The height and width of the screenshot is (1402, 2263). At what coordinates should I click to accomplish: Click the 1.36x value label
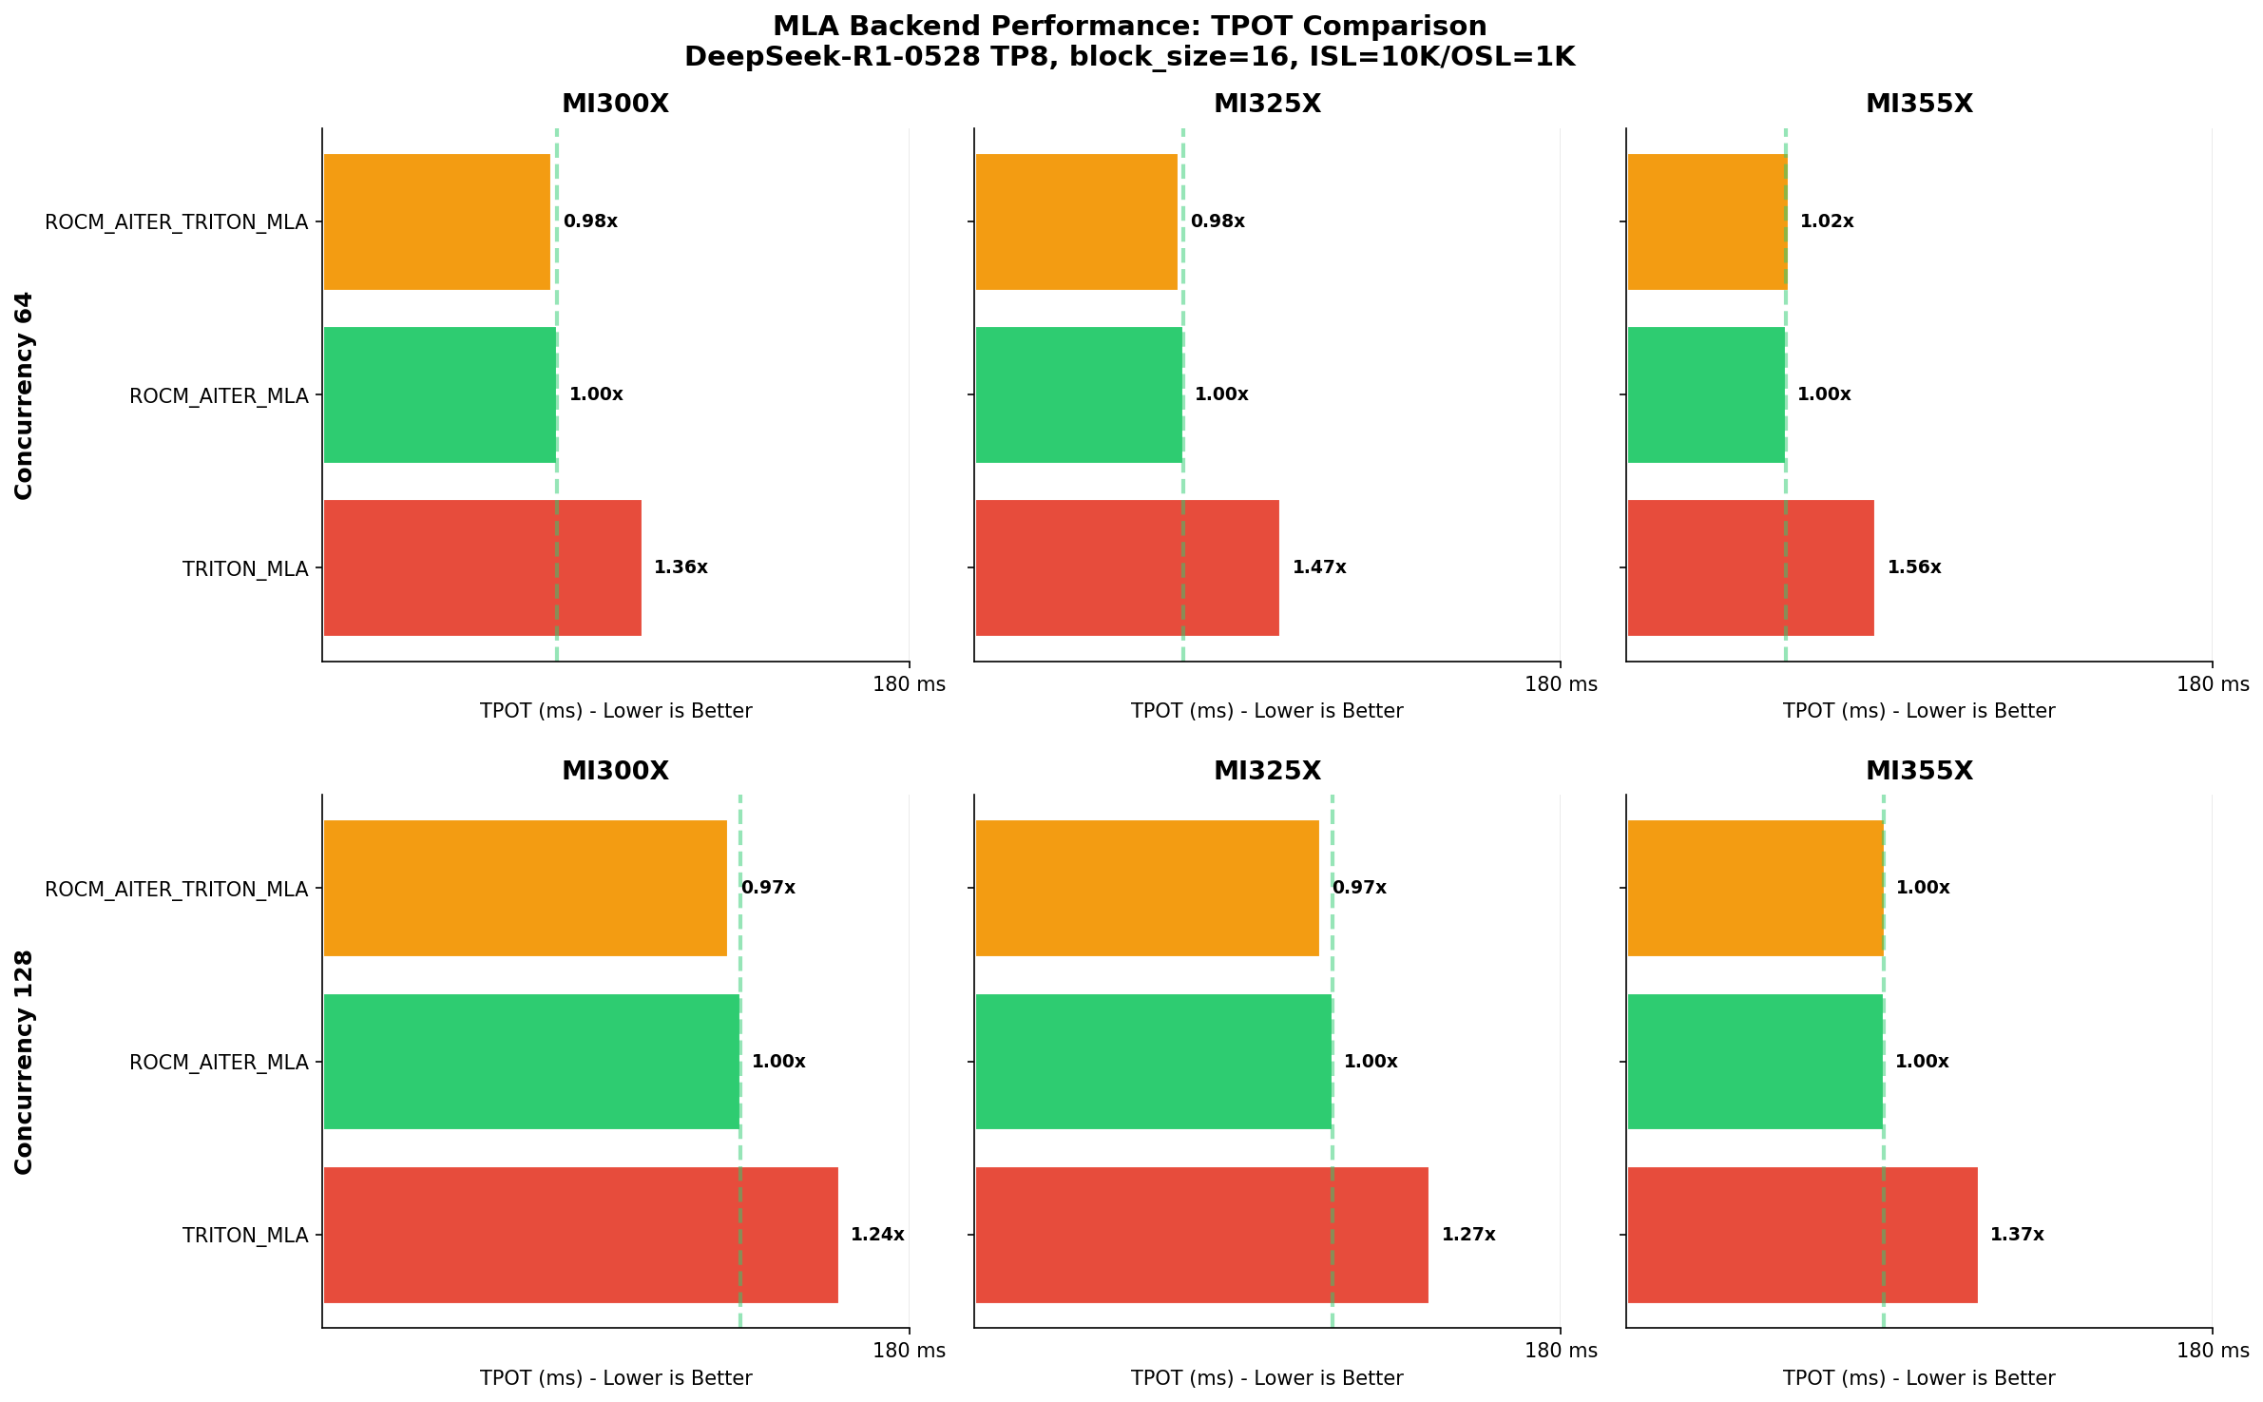pos(681,567)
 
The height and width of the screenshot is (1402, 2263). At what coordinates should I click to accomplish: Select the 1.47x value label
pos(1318,567)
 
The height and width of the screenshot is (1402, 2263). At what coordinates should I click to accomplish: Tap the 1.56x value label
pos(1913,567)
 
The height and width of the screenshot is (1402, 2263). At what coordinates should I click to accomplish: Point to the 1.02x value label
pos(1826,221)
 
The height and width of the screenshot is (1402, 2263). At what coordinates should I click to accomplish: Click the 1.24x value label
pos(876,1235)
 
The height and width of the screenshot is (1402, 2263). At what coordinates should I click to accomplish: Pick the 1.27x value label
pos(1467,1235)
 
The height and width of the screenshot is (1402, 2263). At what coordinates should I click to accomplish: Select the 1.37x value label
pos(2016,1235)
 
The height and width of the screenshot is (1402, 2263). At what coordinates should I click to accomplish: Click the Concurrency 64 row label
pos(24,395)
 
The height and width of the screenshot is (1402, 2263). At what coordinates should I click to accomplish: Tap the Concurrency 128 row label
pos(24,1062)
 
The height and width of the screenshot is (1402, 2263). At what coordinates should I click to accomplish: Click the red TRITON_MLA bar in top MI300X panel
pos(482,567)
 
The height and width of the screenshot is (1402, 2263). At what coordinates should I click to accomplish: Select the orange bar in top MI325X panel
pos(1076,221)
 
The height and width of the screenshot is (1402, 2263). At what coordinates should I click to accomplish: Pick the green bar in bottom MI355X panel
pos(1755,1062)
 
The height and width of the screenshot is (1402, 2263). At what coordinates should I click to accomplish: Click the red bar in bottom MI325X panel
pos(1201,1235)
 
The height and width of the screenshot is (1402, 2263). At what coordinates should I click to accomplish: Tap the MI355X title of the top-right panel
pos(1919,104)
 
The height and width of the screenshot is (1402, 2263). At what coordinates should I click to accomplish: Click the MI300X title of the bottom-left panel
pos(615,771)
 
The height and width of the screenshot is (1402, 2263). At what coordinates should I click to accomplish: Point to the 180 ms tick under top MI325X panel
pos(1561,684)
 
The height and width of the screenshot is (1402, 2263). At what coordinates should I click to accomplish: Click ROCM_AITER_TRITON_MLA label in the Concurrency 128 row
pos(177,890)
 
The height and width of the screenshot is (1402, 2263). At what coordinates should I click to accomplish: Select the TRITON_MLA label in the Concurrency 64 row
pos(245,569)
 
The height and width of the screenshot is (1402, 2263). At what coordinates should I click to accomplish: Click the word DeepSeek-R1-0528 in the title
pos(832,57)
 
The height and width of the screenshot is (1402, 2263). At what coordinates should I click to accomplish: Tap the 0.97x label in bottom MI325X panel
pos(1358,888)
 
